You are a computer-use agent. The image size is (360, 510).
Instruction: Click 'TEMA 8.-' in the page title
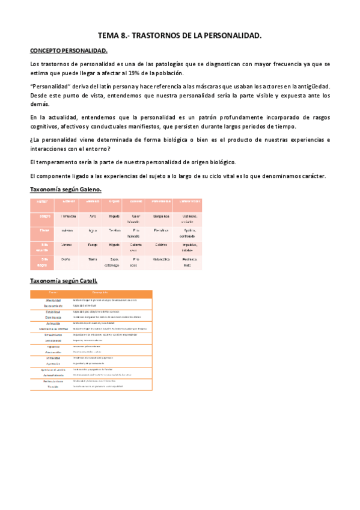[x=113, y=36]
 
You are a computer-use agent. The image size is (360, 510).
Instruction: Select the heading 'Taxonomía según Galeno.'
[x=66, y=189]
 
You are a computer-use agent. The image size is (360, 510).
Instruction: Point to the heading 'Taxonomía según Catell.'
[x=64, y=281]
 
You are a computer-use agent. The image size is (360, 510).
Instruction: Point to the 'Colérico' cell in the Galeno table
[x=160, y=245]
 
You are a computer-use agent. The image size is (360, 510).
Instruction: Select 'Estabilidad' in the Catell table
[x=53, y=312]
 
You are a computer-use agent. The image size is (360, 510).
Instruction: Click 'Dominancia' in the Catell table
[x=53, y=317]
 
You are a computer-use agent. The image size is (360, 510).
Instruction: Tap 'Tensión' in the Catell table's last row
[x=53, y=386]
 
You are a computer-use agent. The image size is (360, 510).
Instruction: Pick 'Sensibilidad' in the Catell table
[x=53, y=340]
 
